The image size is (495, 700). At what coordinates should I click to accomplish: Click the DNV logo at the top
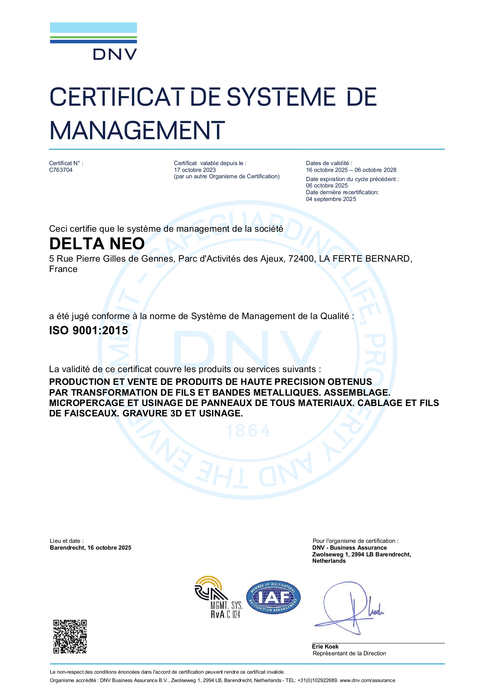tap(93, 41)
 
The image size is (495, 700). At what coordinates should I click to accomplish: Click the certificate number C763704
tap(61, 170)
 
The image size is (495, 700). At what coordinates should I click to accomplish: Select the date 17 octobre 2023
tap(195, 170)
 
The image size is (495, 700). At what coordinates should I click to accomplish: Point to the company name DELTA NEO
tap(97, 244)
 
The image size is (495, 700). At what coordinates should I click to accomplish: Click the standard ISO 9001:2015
tap(89, 331)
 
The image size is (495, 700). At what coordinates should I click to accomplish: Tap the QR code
tap(70, 636)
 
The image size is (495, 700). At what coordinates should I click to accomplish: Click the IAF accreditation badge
tap(273, 597)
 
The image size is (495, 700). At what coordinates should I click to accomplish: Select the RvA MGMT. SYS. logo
tap(218, 597)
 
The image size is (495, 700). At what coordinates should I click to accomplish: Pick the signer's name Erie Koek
tap(325, 647)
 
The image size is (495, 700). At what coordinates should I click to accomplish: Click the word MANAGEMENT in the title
tap(137, 131)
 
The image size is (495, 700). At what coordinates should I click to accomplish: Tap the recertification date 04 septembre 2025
tap(331, 199)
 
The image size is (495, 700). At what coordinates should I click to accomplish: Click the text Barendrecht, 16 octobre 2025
tap(91, 548)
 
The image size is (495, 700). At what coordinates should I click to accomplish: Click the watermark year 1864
tap(248, 431)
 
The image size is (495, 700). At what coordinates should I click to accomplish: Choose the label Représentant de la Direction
tap(349, 653)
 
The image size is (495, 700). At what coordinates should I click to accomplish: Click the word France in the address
tap(63, 269)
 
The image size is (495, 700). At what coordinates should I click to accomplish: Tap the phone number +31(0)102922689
tap(318, 680)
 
